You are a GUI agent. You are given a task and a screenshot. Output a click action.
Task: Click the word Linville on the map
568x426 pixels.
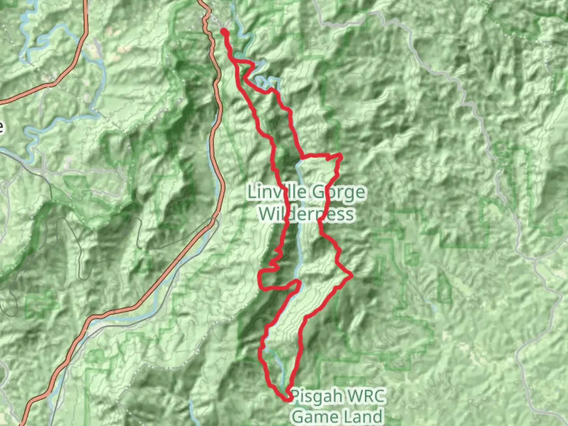[276, 192]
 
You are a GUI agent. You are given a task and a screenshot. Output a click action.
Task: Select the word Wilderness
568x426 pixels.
[306, 214]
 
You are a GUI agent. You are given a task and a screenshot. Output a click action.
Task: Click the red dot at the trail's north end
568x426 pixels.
[224, 31]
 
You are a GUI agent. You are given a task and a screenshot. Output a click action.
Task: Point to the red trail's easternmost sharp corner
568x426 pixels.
[351, 275]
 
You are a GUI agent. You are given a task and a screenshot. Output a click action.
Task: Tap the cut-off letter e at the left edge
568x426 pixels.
[1, 127]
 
